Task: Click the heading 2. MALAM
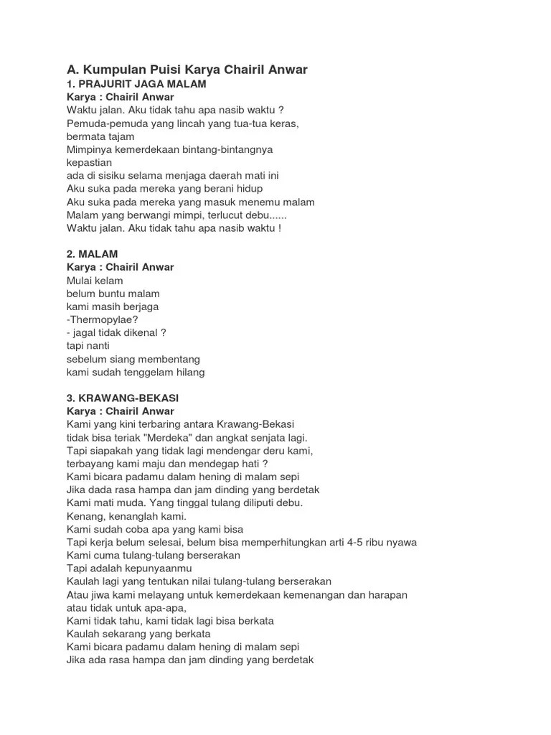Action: click(x=92, y=254)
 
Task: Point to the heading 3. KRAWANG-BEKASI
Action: click(x=122, y=398)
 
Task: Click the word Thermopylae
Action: click(x=104, y=319)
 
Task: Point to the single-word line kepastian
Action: click(x=89, y=162)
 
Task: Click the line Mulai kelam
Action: click(x=95, y=281)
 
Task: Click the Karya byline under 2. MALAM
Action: click(x=121, y=267)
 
